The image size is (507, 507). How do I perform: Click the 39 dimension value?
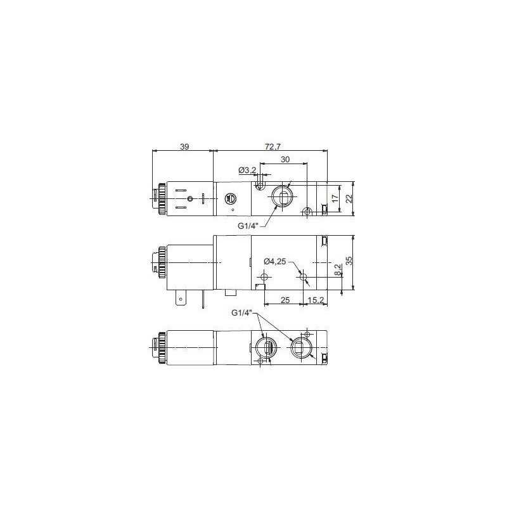184,146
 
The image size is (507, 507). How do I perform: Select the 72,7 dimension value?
271,146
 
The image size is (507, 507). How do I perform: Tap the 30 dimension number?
285,160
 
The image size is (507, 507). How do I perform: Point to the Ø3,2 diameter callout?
247,170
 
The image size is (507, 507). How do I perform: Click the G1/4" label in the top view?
248,226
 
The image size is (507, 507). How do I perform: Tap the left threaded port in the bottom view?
266,347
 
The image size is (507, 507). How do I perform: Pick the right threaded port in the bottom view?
300,347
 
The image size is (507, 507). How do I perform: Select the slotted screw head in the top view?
231,198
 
